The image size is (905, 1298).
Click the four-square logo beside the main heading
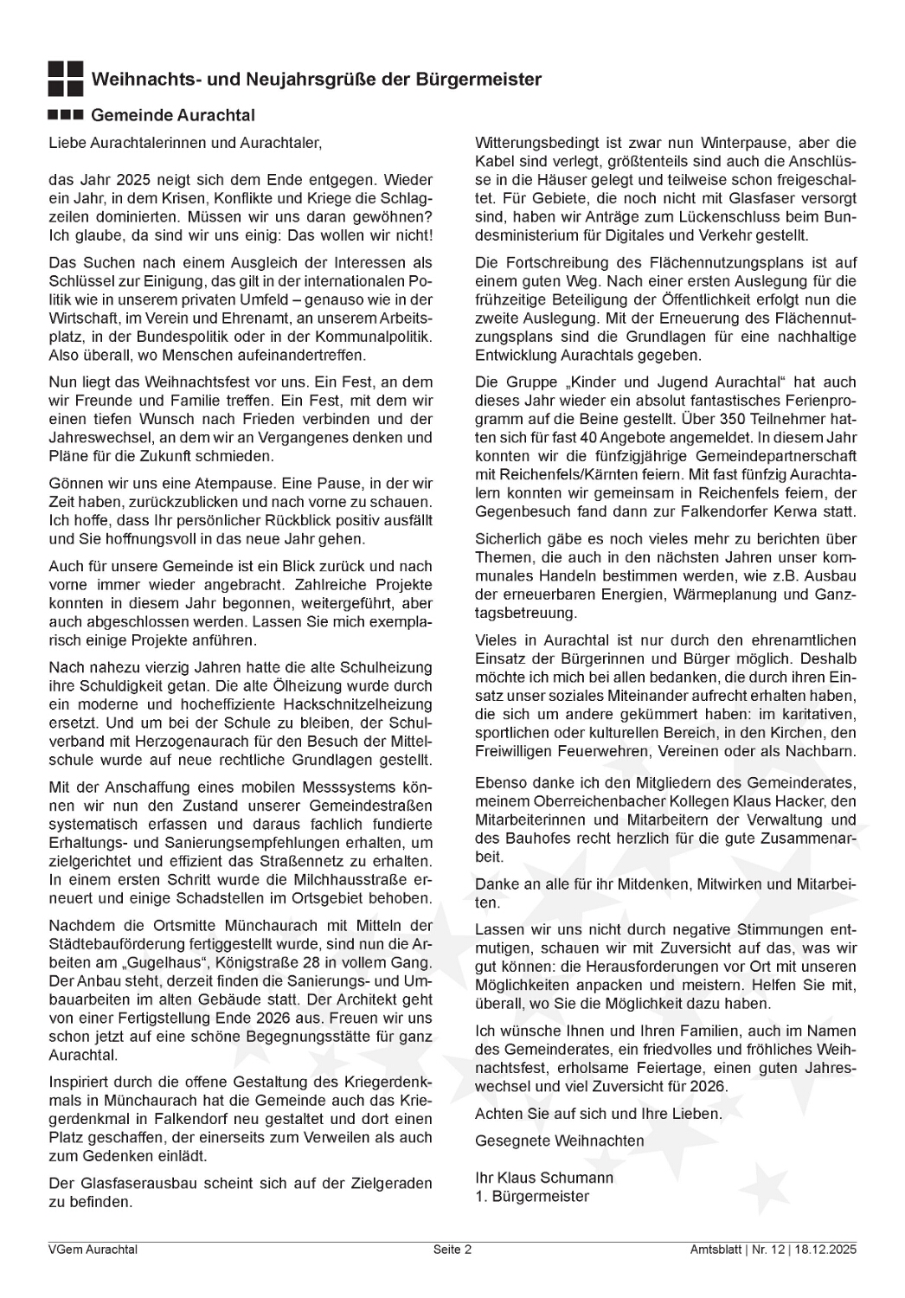pos(66,79)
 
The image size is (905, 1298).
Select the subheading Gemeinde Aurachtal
pos(172,115)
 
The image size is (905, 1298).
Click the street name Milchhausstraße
pos(345,880)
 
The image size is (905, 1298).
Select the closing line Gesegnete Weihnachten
pos(559,1141)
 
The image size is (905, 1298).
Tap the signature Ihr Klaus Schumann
pos(544,1179)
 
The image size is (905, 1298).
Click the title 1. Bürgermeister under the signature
pos(532,1197)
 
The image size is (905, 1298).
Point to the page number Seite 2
pos(452,1250)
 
